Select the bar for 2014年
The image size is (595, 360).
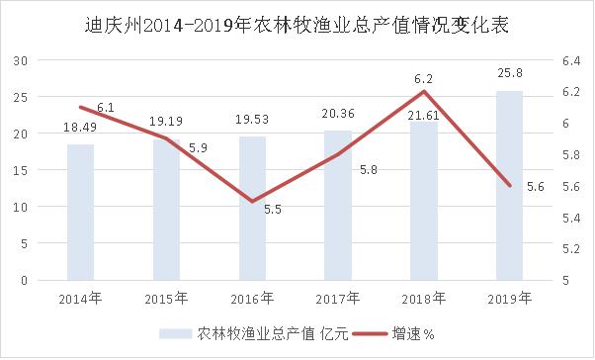click(81, 213)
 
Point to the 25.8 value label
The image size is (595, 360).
click(510, 76)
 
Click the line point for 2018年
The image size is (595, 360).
click(424, 92)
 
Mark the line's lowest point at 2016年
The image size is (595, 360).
click(252, 201)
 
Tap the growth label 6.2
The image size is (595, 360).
click(424, 76)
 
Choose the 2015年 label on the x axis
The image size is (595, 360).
click(167, 297)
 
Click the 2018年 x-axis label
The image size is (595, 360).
click(424, 297)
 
